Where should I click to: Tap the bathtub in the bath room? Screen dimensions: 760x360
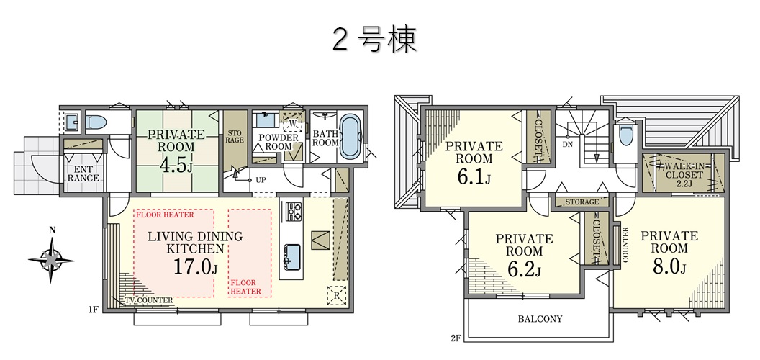[x=350, y=136]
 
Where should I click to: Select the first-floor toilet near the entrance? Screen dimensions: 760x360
[x=96, y=122]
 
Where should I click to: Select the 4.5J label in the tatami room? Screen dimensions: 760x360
[x=176, y=166]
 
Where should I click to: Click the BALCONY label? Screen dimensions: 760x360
[x=540, y=319]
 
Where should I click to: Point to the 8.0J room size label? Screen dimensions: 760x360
[x=669, y=266]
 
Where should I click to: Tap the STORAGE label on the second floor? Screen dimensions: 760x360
[x=582, y=202]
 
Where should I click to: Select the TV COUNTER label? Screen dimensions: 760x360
[x=149, y=301]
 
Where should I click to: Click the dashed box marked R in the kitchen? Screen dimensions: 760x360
[x=336, y=295]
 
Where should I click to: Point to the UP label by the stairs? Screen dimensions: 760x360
[x=261, y=180]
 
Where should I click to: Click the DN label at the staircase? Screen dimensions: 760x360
[x=568, y=144]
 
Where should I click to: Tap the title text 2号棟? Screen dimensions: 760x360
[x=375, y=40]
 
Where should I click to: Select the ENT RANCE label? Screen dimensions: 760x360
[x=83, y=174]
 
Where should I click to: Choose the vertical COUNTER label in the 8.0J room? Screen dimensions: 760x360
[x=625, y=245]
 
